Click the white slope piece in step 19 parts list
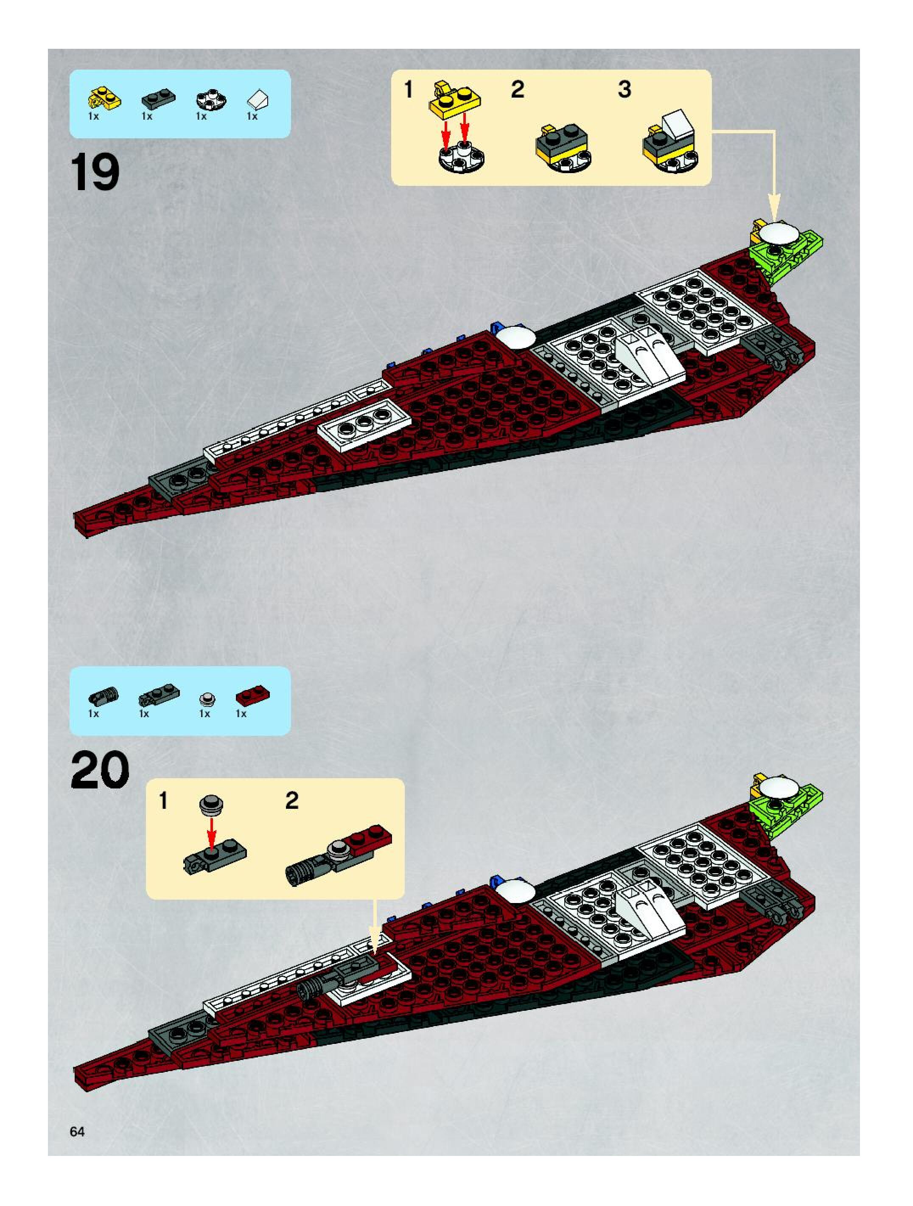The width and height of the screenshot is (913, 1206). (x=257, y=100)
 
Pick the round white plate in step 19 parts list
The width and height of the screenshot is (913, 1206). (x=211, y=100)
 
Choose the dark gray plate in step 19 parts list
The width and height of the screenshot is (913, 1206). (x=158, y=100)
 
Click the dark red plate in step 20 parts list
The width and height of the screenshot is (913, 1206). (x=253, y=697)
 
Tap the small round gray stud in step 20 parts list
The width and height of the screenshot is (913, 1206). (x=207, y=698)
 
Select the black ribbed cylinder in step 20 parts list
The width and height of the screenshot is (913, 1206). (x=103, y=696)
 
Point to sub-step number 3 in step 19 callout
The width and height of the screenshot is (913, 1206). (x=624, y=90)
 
